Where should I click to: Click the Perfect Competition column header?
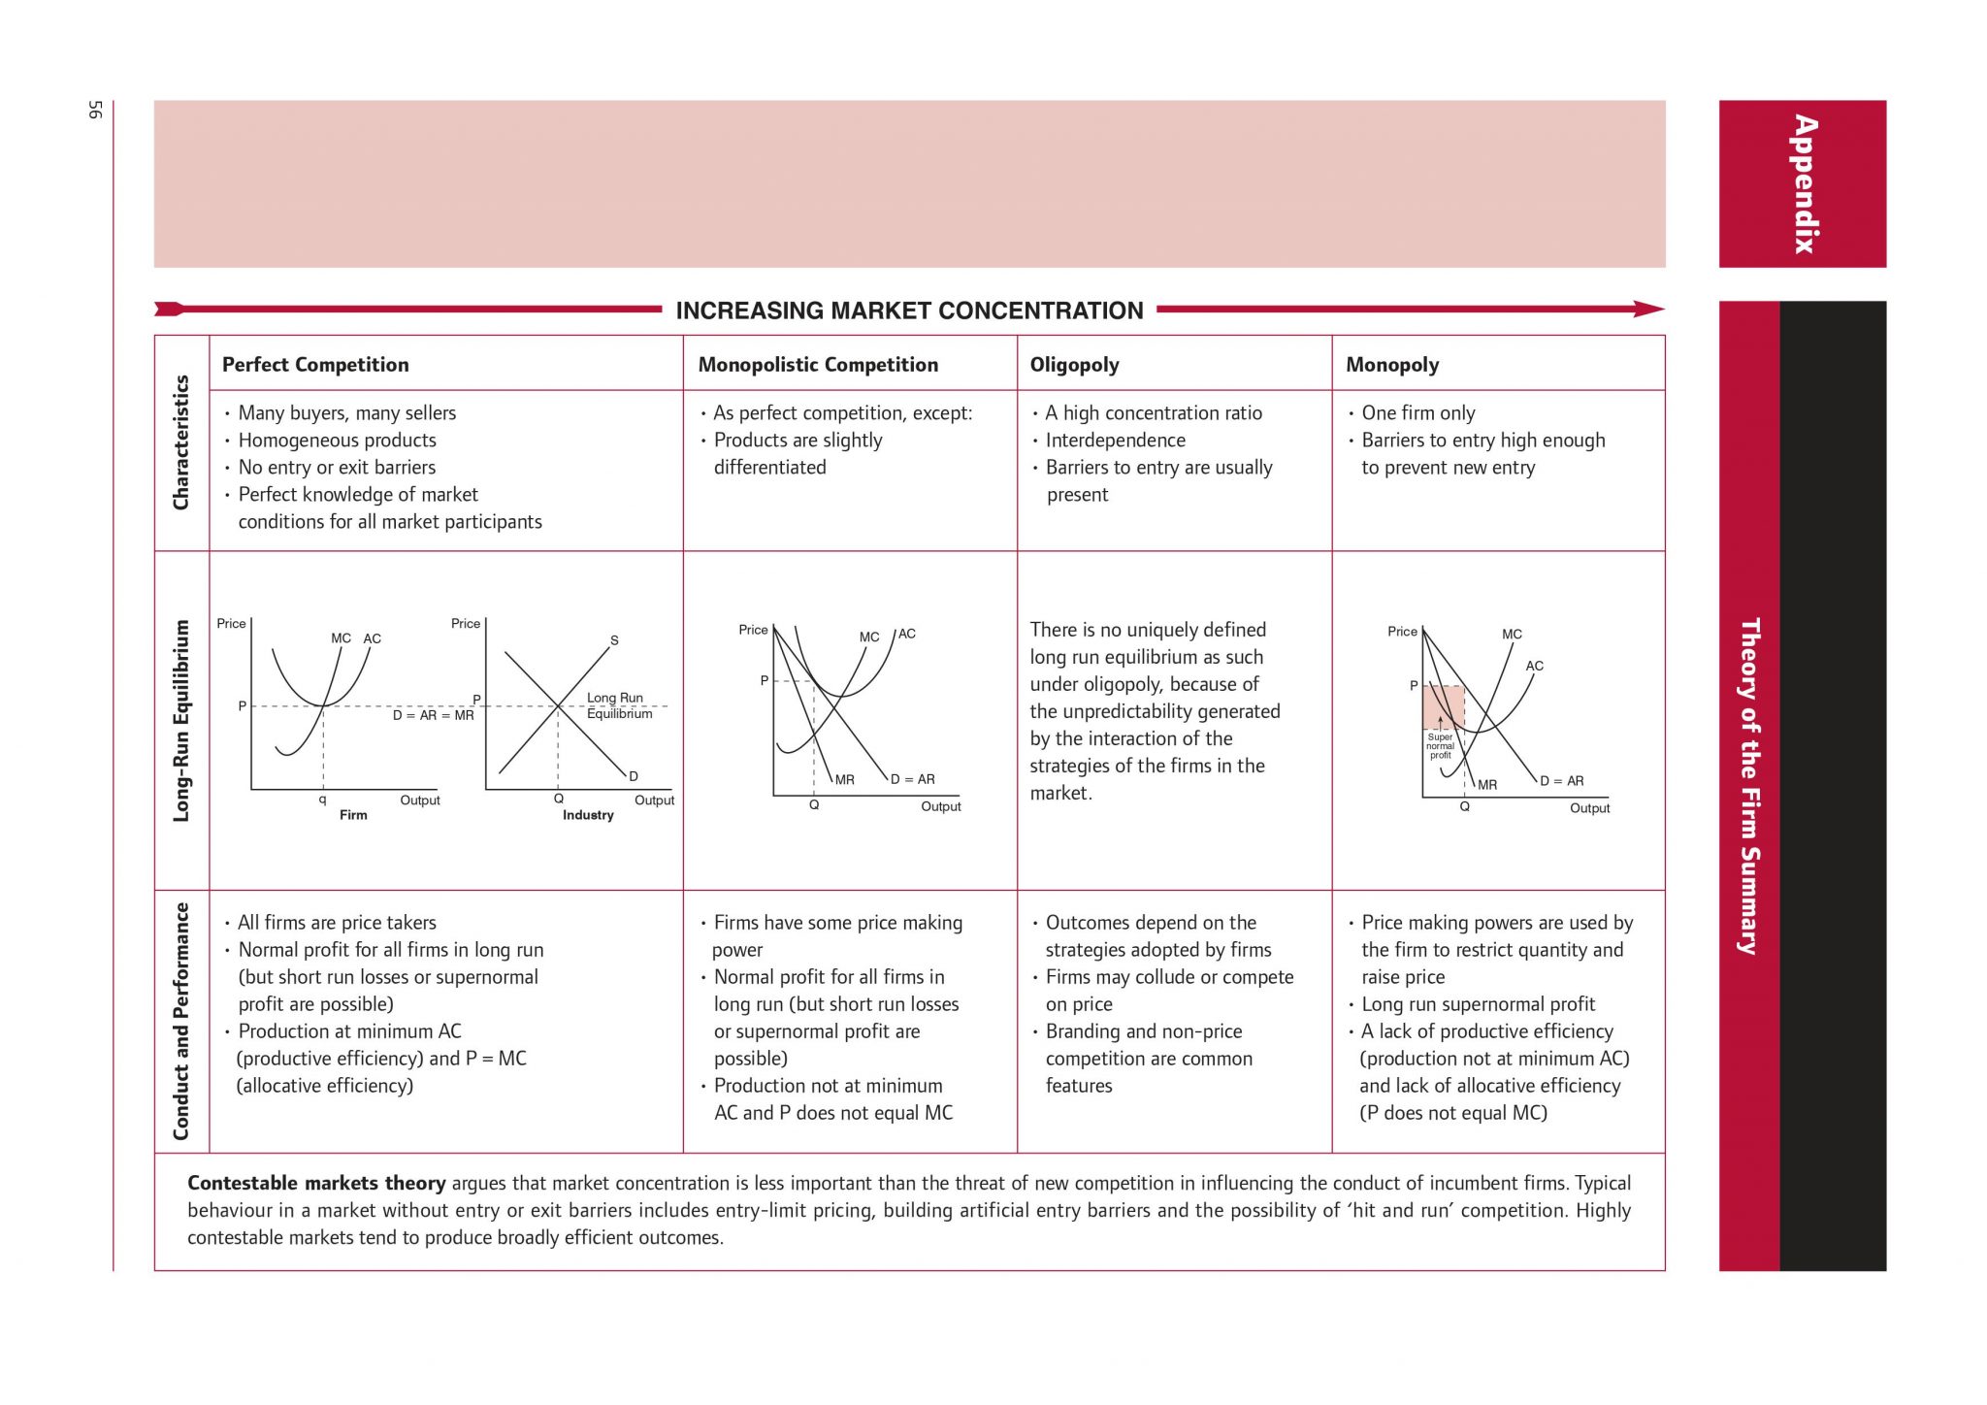(x=315, y=365)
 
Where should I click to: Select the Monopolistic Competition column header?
(x=818, y=365)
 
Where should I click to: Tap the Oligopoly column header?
(x=1074, y=365)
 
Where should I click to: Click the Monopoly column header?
(x=1392, y=365)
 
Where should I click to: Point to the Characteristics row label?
(x=181, y=442)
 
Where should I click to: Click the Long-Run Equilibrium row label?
(x=181, y=721)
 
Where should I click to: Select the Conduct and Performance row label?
(x=181, y=1021)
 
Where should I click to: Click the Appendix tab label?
(x=1804, y=184)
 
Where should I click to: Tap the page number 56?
(x=95, y=110)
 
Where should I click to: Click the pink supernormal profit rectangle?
(x=1443, y=707)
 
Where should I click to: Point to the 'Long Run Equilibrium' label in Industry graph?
(x=619, y=705)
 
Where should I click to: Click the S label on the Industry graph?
(x=614, y=640)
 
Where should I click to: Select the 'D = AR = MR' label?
(x=433, y=715)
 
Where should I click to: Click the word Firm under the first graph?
(x=353, y=815)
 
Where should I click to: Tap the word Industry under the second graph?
(x=588, y=815)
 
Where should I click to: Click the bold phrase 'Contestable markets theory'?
(x=316, y=1183)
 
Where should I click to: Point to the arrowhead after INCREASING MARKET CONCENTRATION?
(x=1649, y=310)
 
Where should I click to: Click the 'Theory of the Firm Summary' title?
(x=1749, y=786)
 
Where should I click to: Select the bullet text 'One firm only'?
(x=1417, y=413)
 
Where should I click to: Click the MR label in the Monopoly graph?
(x=1487, y=784)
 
